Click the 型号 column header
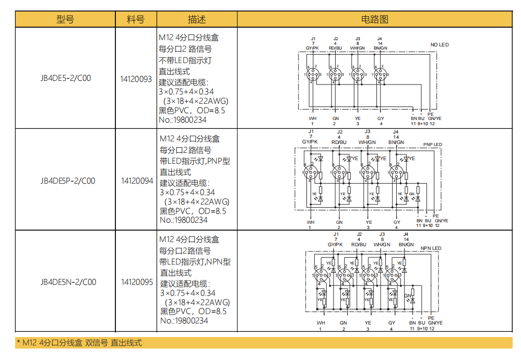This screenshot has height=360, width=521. (65, 20)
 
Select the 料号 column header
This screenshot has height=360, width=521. (136, 20)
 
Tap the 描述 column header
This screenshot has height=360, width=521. (197, 20)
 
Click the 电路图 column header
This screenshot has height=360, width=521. (375, 20)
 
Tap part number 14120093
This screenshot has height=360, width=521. (136, 79)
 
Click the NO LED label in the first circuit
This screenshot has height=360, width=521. (439, 45)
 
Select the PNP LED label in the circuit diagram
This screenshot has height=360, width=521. (432, 145)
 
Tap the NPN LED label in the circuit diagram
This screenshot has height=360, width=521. (431, 248)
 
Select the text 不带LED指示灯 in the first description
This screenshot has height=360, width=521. (185, 61)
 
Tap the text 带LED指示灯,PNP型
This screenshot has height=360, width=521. (195, 161)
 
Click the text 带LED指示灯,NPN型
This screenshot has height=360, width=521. (195, 262)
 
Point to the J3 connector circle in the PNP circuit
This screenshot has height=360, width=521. (368, 173)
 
